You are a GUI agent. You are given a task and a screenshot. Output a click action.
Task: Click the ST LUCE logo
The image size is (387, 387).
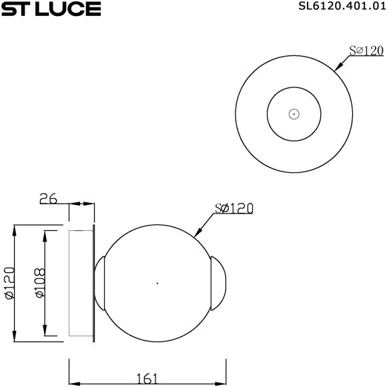click(51, 9)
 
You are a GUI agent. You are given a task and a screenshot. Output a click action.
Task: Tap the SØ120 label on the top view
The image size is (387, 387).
click(366, 51)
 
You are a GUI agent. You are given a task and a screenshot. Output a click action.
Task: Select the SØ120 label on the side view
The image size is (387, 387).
click(234, 209)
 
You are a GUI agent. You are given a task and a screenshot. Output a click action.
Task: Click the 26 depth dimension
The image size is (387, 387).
click(49, 198)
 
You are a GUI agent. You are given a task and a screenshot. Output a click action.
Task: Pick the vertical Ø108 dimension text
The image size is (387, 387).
click(39, 284)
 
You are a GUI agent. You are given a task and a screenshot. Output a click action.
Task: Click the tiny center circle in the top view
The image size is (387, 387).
click(294, 114)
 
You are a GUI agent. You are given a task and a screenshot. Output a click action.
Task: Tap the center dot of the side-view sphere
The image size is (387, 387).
click(157, 284)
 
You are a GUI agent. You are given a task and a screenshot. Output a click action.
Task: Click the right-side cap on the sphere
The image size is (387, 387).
click(220, 284)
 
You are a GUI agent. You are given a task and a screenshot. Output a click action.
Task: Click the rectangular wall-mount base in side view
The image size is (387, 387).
click(81, 284)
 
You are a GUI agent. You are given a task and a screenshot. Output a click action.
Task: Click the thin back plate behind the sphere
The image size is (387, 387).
click(95, 284)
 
